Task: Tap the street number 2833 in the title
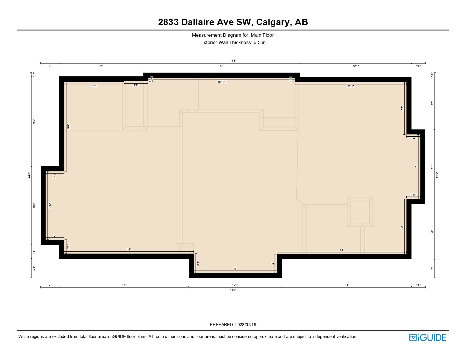pyautogui.click(x=168, y=22)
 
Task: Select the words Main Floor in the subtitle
pyautogui.click(x=262, y=35)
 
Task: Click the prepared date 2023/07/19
pyautogui.click(x=245, y=324)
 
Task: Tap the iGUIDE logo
pyautogui.click(x=428, y=337)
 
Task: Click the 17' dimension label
pyautogui.click(x=222, y=66)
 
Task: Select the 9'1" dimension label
pyautogui.click(x=101, y=66)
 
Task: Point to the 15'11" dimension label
pyautogui.click(x=221, y=82)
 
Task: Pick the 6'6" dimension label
pyautogui.click(x=94, y=86)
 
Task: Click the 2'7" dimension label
pyautogui.click(x=136, y=85)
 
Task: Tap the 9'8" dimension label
pyautogui.click(x=68, y=127)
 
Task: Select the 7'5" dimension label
pyautogui.click(x=50, y=206)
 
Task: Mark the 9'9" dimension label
pyautogui.click(x=34, y=121)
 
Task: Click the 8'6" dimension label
pyautogui.click(x=34, y=206)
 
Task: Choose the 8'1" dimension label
pyautogui.click(x=432, y=167)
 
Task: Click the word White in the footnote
pyautogui.click(x=24, y=337)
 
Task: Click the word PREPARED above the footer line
pyautogui.click(x=222, y=324)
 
